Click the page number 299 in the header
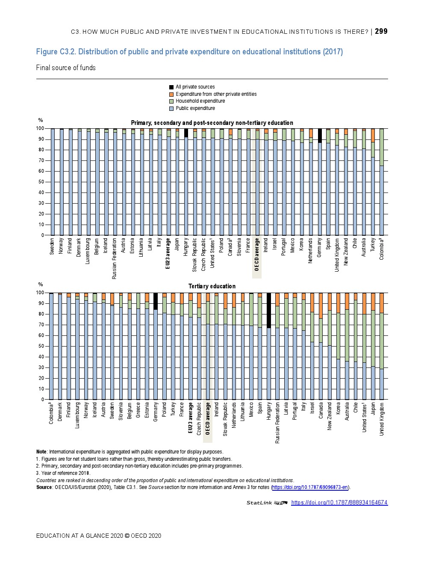click(x=381, y=31)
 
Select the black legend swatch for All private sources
click(x=171, y=87)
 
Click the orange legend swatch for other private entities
click(x=171, y=94)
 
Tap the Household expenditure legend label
click(x=200, y=101)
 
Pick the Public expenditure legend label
click(x=195, y=108)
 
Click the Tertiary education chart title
click(x=212, y=286)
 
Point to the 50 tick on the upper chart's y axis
click(x=41, y=182)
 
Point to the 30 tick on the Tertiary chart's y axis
click(x=41, y=367)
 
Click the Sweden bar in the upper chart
click(x=53, y=182)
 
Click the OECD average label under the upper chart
click(x=257, y=255)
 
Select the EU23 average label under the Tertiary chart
click(x=191, y=418)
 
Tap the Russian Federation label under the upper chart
click(x=115, y=259)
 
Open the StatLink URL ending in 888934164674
click(x=339, y=503)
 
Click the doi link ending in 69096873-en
click(x=310, y=487)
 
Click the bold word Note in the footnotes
click(x=41, y=452)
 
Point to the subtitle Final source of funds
click(x=66, y=68)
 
